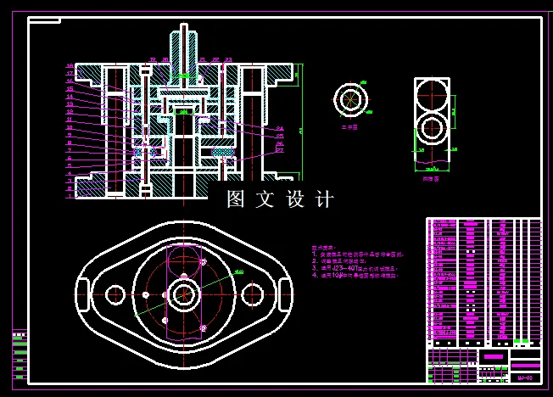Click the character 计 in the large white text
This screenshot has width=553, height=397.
click(x=324, y=200)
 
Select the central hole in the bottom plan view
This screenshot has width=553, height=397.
click(x=182, y=294)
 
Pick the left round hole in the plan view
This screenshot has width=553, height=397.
click(x=112, y=294)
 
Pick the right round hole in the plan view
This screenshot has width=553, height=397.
click(x=252, y=294)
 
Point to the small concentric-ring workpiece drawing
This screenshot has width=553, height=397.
click(x=349, y=98)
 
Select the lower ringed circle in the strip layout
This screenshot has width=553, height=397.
click(x=432, y=130)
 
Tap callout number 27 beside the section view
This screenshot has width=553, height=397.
click(x=280, y=150)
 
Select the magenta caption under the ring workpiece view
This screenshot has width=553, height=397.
click(x=348, y=126)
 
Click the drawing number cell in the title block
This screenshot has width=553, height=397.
click(x=525, y=377)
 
